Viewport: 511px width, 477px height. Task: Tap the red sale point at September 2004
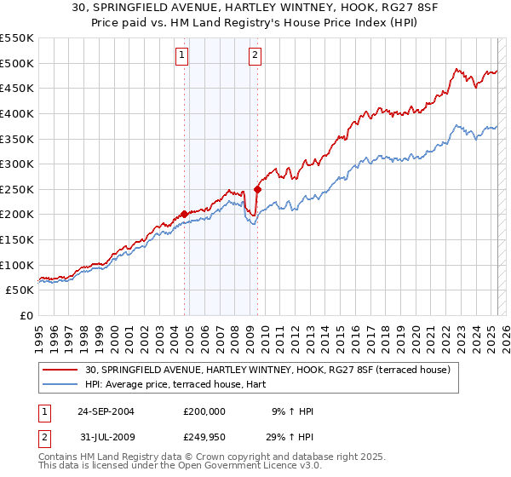click(185, 214)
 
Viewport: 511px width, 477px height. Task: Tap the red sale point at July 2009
click(257, 189)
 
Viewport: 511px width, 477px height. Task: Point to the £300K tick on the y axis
click(18, 164)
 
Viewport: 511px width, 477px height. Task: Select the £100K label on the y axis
click(18, 265)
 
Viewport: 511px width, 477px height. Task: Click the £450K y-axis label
click(18, 88)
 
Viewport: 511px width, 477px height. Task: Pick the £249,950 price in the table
click(204, 436)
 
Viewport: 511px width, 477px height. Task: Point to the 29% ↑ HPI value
click(292, 436)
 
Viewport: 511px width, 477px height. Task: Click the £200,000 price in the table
click(204, 411)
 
